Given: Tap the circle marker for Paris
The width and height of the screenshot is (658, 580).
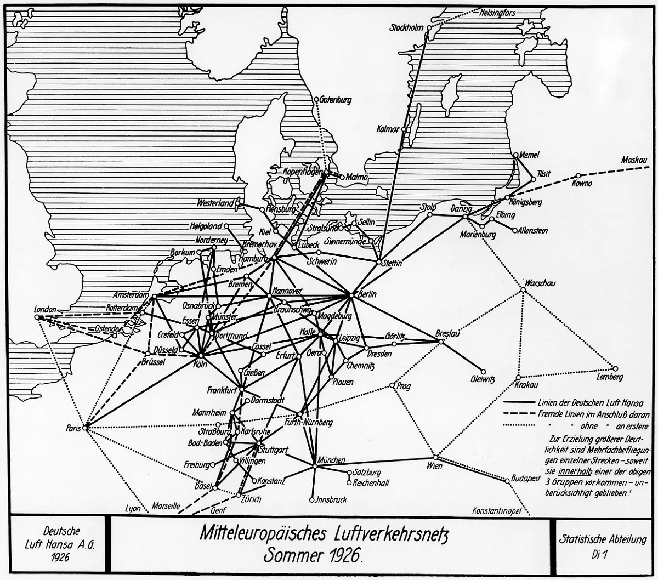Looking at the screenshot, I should pos(86,428).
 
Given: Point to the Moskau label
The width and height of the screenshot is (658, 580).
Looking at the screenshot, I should pos(634,161).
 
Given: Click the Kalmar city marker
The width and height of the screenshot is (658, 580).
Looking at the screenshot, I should pos(404,130).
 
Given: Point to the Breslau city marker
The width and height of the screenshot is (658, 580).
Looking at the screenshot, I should pos(440,342).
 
